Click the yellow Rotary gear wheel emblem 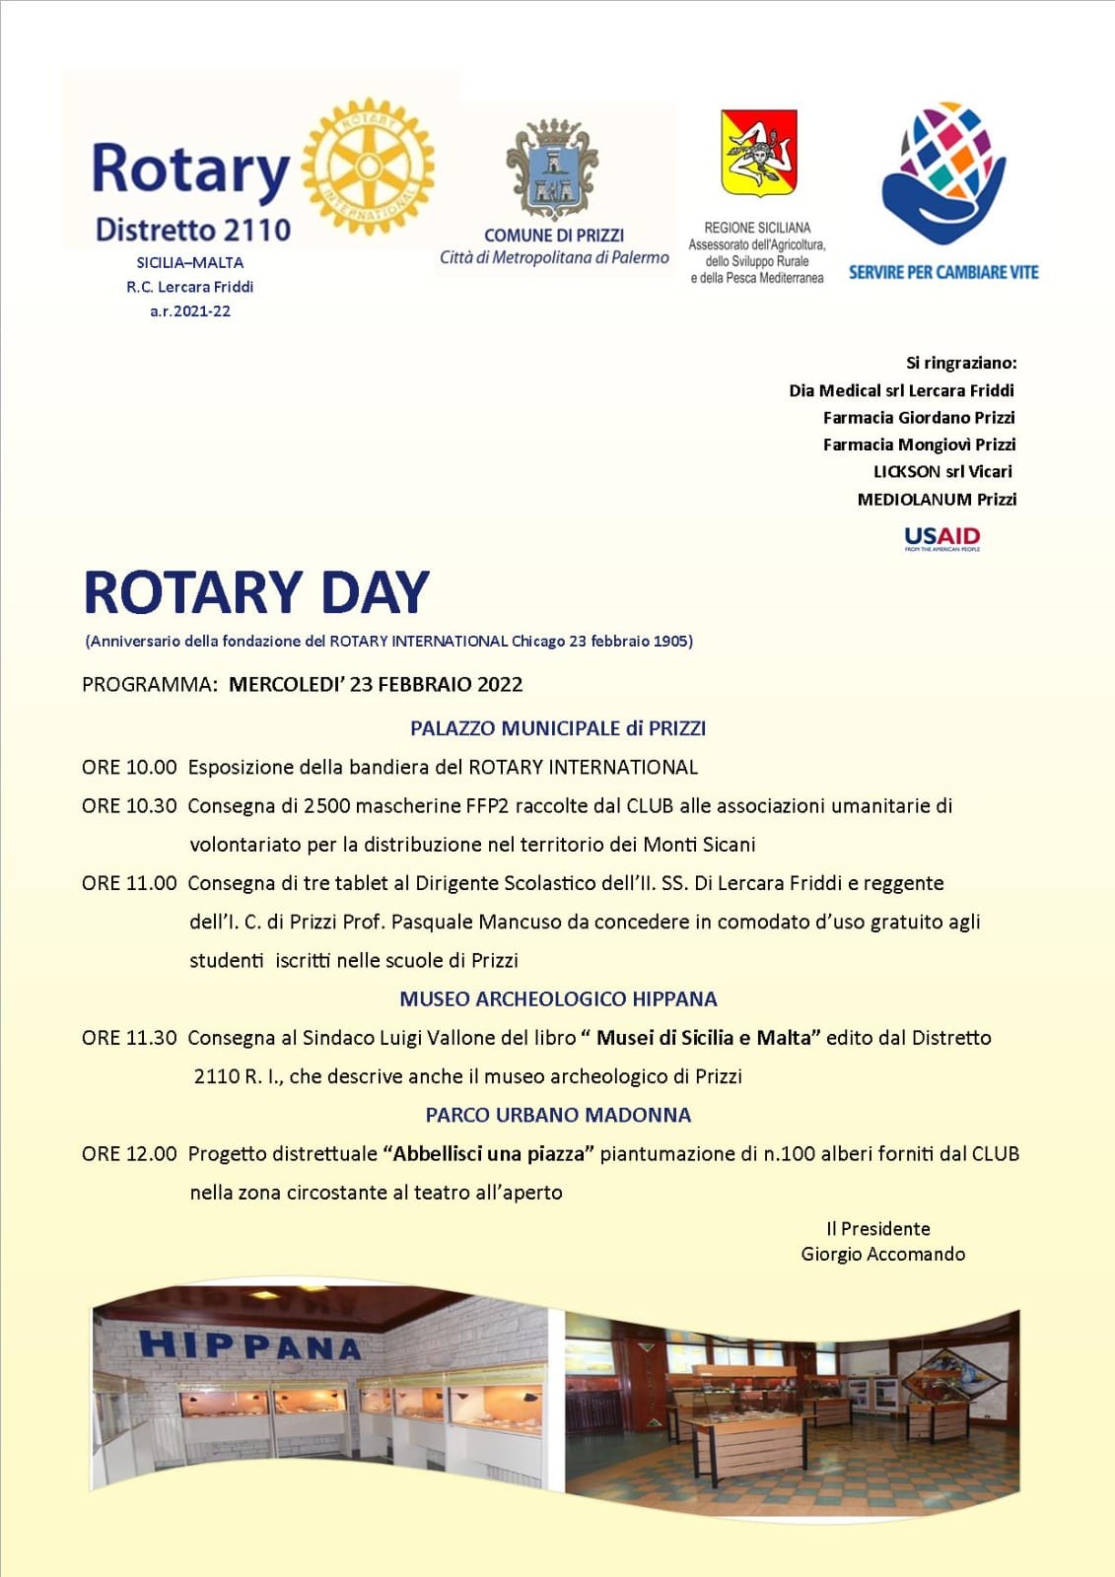tap(368, 167)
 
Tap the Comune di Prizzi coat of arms tap(552, 170)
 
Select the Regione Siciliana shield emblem tap(758, 153)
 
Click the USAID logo tap(941, 537)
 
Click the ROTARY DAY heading tap(256, 592)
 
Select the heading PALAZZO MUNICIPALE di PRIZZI tap(558, 728)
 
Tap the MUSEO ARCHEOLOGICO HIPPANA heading tap(558, 998)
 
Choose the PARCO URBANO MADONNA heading tap(558, 1115)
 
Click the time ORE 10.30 tap(129, 805)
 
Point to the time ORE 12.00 tap(129, 1153)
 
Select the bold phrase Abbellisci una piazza tap(489, 1153)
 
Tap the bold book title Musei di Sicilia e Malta tap(709, 1037)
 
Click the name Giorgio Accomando tap(882, 1254)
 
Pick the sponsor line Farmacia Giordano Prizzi tap(919, 418)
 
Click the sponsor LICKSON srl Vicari tap(942, 471)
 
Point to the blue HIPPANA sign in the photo tap(249, 1345)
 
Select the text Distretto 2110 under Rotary tap(193, 231)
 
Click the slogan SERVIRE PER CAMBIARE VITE tap(943, 272)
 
